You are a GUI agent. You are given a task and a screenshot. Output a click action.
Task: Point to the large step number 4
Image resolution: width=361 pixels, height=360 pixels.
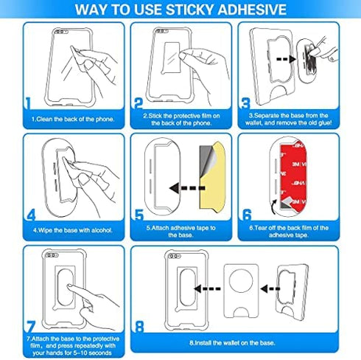[30, 216]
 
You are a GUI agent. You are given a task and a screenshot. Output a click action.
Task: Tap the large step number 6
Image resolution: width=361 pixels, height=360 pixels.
[247, 216]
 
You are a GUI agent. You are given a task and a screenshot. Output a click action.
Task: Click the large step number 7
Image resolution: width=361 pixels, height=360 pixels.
[29, 325]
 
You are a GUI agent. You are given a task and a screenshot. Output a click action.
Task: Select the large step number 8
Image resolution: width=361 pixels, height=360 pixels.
[140, 325]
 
